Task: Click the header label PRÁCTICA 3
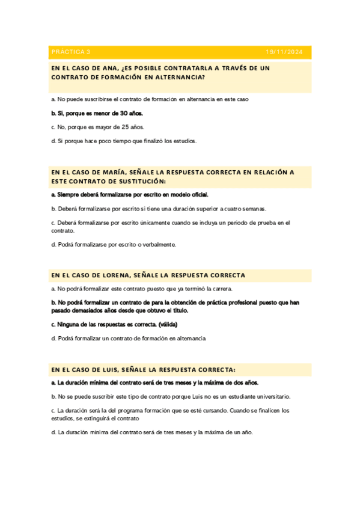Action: pyautogui.click(x=71, y=52)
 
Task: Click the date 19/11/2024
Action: pyautogui.click(x=285, y=52)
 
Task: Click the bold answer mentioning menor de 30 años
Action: pyautogui.click(x=97, y=113)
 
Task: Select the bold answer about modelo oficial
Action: pyautogui.click(x=130, y=194)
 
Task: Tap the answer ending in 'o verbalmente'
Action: pyautogui.click(x=114, y=244)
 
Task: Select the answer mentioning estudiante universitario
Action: pyautogui.click(x=171, y=397)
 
